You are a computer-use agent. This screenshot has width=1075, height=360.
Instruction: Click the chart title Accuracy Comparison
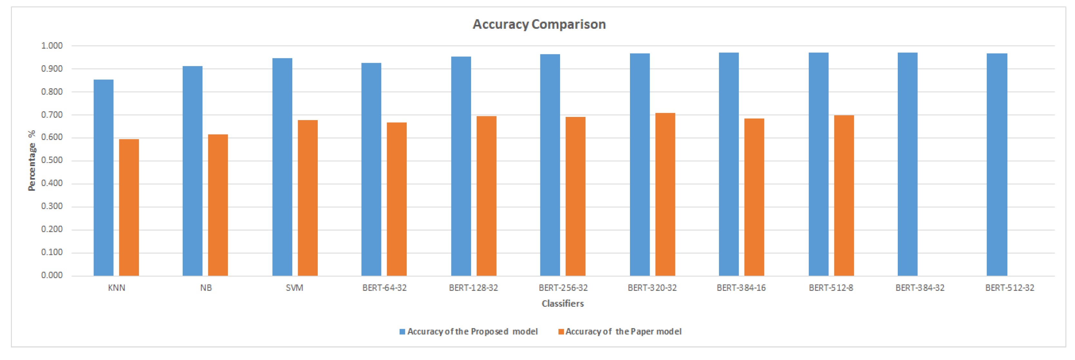pos(539,24)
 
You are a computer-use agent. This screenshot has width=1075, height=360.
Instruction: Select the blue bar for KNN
pos(103,177)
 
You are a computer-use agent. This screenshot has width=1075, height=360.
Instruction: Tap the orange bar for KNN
pos(129,207)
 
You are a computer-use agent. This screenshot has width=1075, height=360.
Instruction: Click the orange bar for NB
pos(218,205)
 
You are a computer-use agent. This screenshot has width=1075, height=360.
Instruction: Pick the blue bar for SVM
pos(282,167)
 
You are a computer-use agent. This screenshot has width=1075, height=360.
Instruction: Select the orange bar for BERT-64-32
pos(396,199)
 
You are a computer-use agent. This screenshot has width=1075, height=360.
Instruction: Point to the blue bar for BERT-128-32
pos(461,166)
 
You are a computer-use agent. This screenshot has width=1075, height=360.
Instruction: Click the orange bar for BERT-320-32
pos(665,194)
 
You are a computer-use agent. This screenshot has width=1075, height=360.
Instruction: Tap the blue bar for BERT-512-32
pos(997,164)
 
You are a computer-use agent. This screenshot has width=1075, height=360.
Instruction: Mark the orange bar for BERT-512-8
pos(844,195)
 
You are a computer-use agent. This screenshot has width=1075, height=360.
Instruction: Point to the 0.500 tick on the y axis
pos(52,161)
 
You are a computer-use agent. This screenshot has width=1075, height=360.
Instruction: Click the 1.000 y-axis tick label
pos(52,46)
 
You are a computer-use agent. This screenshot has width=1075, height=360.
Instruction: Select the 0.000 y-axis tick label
pos(52,275)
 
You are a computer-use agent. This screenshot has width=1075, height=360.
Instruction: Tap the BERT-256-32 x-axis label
pos(563,288)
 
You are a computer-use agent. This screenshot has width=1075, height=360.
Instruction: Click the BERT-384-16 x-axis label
pos(741,288)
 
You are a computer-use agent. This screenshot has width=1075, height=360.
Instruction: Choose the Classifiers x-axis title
pos(563,304)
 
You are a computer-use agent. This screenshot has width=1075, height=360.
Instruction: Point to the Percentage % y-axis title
pos(32,161)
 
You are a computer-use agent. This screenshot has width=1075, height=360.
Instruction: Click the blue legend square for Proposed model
pos(402,332)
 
